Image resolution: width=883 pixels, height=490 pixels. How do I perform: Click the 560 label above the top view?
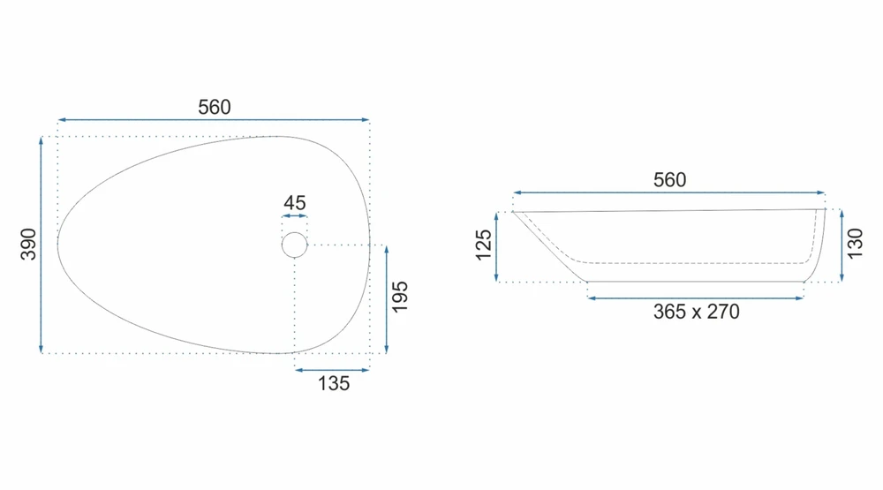coord(214,107)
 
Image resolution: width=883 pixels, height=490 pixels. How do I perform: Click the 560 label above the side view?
coord(669,180)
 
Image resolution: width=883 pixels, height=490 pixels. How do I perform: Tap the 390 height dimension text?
coord(28,244)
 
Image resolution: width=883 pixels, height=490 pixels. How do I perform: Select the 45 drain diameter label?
coord(295,202)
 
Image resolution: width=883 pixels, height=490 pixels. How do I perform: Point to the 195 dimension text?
coord(399,297)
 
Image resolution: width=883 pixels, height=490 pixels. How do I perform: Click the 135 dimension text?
coord(334,383)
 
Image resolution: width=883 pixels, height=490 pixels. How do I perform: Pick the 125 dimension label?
coord(484,245)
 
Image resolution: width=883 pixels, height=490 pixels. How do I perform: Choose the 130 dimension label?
coord(855,244)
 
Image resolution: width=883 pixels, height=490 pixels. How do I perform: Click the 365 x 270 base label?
coord(696,312)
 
